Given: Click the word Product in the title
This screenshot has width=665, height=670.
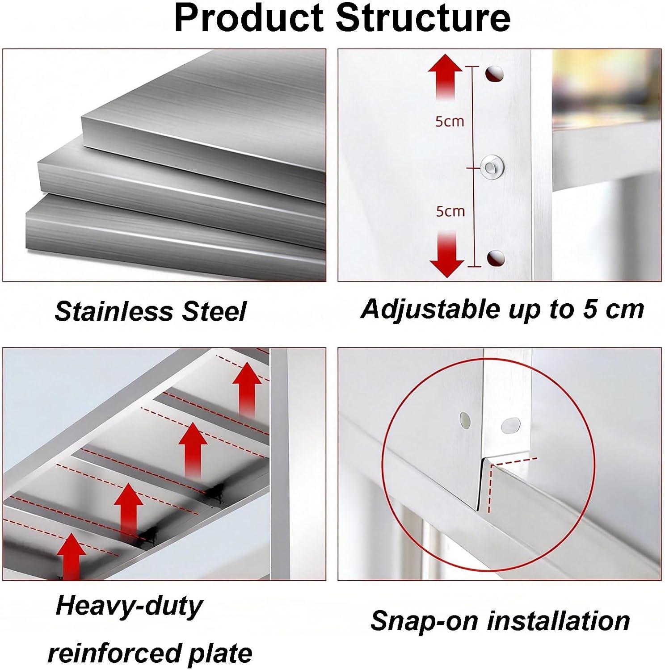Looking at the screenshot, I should click(x=248, y=18).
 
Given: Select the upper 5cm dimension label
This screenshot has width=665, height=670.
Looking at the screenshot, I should click(x=450, y=121).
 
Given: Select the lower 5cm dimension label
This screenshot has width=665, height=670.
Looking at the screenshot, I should click(x=450, y=211).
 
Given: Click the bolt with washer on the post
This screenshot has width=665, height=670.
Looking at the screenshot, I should click(x=492, y=167).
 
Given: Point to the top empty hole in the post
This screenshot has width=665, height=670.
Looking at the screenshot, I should click(x=494, y=74).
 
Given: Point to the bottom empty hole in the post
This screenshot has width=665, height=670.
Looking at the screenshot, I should click(x=495, y=258).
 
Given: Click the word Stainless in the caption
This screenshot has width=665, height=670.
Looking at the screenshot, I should click(x=115, y=311).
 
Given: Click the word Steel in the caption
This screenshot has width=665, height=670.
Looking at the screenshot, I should click(x=214, y=311).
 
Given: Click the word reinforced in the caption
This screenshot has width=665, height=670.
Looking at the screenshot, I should click(x=114, y=653).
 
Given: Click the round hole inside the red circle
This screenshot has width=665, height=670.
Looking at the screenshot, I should click(x=465, y=419).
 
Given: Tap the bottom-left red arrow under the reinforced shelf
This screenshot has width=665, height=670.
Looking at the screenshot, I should click(x=71, y=556).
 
